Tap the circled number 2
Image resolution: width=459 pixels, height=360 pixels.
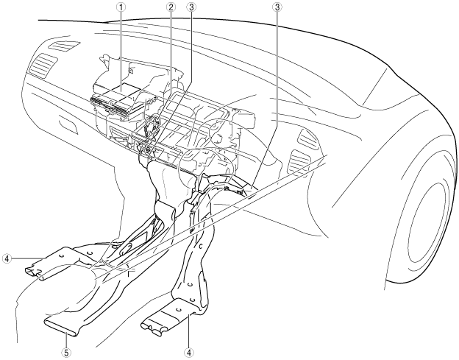coord(171,9)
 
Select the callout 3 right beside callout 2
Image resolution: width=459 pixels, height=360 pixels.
coord(191,9)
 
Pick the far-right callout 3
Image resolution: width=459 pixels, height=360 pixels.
coord(277,9)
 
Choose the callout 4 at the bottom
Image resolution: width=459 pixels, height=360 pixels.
coord(190,352)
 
